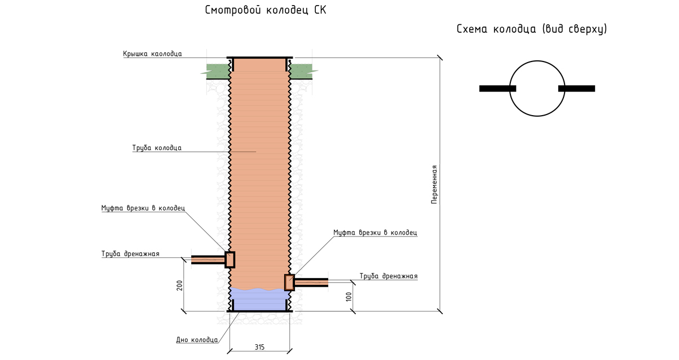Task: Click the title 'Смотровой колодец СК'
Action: pyautogui.click(x=266, y=11)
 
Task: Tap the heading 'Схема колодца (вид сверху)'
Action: pyautogui.click(x=531, y=29)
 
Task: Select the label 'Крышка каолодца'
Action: pyautogui.click(x=152, y=54)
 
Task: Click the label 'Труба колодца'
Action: pyautogui.click(x=157, y=148)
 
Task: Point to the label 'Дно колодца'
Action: pyautogui.click(x=196, y=340)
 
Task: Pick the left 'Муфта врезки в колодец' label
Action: pyautogui.click(x=143, y=208)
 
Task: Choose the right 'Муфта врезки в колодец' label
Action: pyautogui.click(x=374, y=232)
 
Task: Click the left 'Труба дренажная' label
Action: pyautogui.click(x=130, y=254)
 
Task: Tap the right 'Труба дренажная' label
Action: pyautogui.click(x=388, y=276)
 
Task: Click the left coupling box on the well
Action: pyautogui.click(x=230, y=259)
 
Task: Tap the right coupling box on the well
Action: pyautogui.click(x=289, y=282)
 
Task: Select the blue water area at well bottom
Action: pyautogui.click(x=259, y=300)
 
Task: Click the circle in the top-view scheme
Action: pyautogui.click(x=537, y=88)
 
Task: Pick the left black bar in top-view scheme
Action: pyautogui.click(x=497, y=88)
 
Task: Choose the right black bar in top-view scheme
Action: pyautogui.click(x=576, y=88)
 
